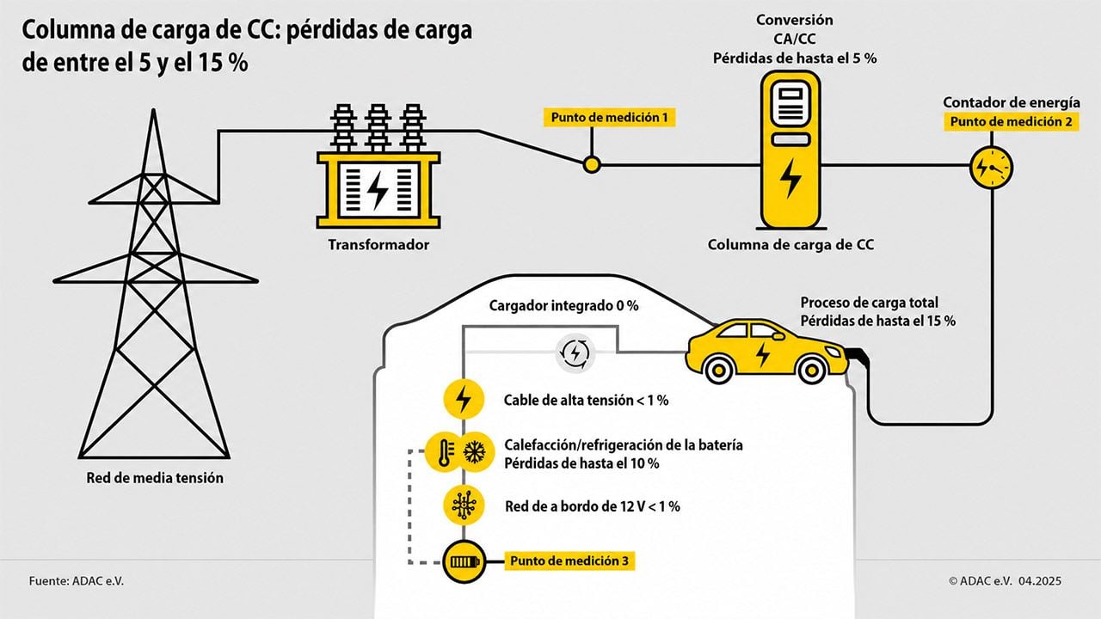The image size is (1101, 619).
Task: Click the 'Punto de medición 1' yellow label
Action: point(610,118)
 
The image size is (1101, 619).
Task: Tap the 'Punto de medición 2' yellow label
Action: point(1011,122)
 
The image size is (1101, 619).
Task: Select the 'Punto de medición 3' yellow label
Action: point(569,561)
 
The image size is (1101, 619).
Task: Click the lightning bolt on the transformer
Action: point(378,190)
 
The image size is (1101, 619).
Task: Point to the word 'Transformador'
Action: point(378,245)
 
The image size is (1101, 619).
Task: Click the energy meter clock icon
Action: point(992,168)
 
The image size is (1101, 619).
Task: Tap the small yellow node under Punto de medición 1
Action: point(592,165)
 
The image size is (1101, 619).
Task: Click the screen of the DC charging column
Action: point(790,104)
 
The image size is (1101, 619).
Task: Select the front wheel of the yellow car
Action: point(811,370)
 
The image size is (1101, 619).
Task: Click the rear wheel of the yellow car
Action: point(718,370)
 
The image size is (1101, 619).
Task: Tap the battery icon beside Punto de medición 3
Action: point(464,561)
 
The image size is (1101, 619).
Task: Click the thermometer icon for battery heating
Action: point(445,452)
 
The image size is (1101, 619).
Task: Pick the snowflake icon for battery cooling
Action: point(475,452)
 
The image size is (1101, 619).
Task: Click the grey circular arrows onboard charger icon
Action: point(575,352)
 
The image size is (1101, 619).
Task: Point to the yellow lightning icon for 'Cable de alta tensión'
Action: point(464,399)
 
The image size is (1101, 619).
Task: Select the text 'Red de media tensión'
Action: point(155,477)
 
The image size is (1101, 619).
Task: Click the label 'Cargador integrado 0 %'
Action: point(563,305)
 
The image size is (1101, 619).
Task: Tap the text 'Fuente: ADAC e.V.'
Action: point(77,581)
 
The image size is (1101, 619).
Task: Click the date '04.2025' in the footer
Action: point(1040,581)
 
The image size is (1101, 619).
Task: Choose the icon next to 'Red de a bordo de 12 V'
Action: point(464,506)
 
